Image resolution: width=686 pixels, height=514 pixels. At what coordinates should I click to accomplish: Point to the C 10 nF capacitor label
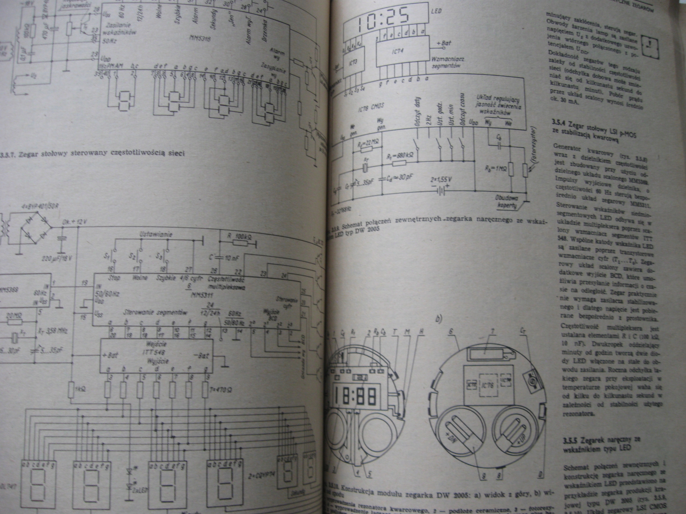click(x=225, y=257)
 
